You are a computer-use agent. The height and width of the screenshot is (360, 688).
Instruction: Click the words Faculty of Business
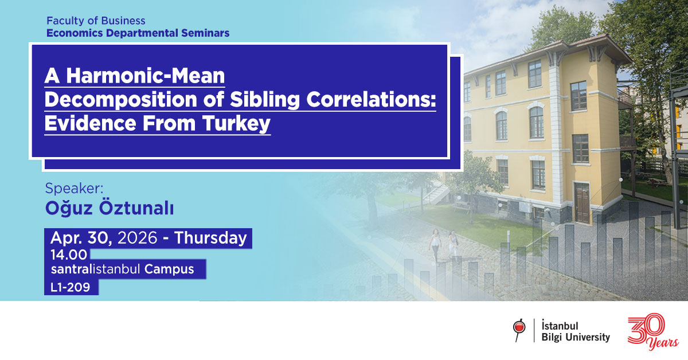(x=96, y=21)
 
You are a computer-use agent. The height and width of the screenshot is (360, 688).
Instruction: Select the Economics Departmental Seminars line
(x=138, y=33)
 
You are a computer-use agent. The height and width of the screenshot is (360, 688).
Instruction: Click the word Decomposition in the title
(x=107, y=100)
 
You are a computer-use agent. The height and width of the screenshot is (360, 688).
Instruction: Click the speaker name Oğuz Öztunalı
(x=109, y=209)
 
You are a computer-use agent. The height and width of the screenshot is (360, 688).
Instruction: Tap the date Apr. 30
(x=81, y=238)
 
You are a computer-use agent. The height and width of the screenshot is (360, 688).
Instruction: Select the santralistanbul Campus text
(x=122, y=269)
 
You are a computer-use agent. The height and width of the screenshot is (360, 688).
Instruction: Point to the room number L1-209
(x=71, y=287)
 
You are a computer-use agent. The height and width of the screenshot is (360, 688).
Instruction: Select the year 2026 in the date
(x=137, y=238)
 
